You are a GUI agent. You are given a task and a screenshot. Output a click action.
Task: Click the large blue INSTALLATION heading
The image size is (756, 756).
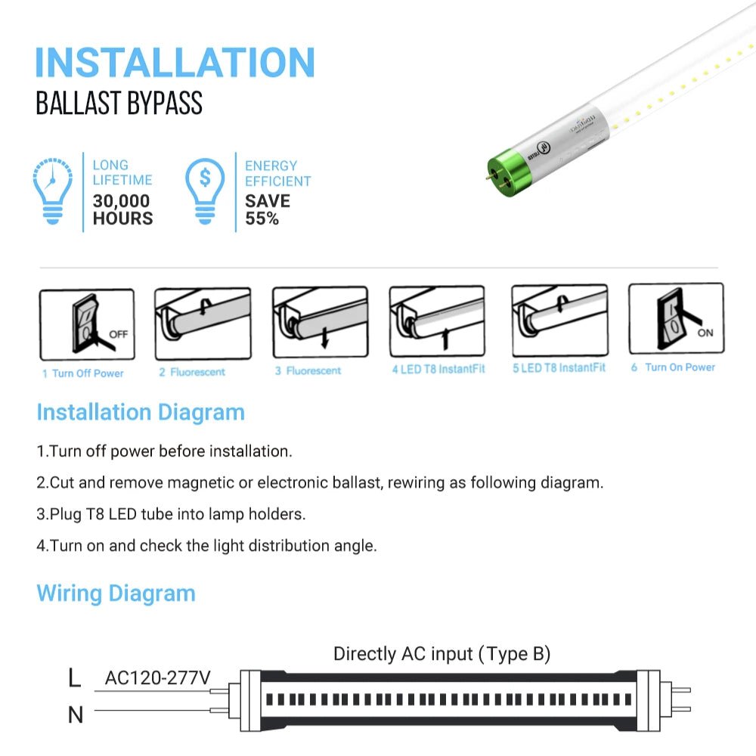175,62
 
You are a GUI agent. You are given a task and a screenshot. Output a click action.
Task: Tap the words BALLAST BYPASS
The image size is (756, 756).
119,104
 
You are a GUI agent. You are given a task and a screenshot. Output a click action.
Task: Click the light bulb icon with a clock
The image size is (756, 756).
53,191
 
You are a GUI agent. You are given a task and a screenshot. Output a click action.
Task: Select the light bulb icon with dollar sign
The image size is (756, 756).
206,191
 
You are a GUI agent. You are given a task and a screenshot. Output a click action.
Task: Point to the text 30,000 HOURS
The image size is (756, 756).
122,210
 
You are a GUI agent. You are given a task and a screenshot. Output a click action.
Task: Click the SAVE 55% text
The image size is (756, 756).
267,210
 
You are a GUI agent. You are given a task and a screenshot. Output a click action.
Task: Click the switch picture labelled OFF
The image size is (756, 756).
86,324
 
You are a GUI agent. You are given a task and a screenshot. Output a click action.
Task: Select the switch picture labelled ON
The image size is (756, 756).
676,318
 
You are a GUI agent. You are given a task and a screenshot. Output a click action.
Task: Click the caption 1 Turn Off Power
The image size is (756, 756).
83,373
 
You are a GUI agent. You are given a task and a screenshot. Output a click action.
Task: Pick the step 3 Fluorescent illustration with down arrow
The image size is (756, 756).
320,322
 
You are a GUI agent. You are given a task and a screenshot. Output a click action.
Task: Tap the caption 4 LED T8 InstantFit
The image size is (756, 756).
438,369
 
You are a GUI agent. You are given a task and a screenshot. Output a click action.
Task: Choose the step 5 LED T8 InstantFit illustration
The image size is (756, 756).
559,321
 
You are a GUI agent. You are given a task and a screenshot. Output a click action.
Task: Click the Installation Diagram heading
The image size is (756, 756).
141,413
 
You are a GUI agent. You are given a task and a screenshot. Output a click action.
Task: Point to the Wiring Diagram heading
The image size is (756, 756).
116,593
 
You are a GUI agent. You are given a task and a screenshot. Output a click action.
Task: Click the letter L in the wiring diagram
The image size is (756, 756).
74,678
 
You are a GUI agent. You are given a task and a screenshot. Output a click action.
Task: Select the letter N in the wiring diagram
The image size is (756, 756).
75,714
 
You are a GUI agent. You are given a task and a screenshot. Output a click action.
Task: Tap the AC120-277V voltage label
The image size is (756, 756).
157,678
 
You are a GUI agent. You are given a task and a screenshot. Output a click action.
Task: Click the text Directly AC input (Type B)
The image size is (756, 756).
442,654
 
